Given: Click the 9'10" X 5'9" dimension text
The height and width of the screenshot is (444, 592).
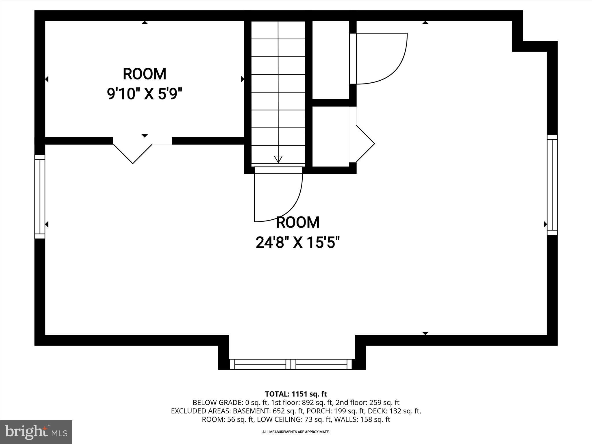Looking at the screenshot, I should coord(145,94).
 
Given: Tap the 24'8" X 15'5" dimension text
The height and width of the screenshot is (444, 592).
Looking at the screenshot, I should coord(297,242).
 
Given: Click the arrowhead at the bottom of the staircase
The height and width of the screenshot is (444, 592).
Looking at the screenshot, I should coord(278,159).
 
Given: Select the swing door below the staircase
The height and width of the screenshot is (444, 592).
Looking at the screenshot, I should coord(278,197).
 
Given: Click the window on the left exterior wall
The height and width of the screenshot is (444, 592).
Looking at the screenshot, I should coord(40,197).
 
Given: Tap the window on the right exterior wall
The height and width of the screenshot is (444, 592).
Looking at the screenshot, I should coord(552,185).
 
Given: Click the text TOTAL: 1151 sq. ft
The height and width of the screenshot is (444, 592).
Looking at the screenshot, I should coord(296,394).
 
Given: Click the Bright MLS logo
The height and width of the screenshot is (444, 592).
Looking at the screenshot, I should coord(36,432).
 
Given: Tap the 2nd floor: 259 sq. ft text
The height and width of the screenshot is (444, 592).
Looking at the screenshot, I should coord(367,402).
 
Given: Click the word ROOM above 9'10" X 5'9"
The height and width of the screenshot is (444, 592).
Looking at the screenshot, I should coord(145,74).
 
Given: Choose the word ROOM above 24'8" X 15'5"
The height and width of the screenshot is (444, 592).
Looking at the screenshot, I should coord(298,222).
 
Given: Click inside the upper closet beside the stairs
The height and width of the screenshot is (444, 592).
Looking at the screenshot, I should coord(331,59).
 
